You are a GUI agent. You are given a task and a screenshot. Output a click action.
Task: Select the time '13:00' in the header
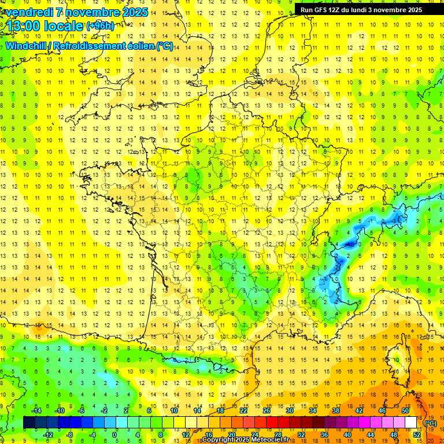pyautogui.click(x=26, y=26)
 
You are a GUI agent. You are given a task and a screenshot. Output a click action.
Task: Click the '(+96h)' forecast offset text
pyautogui.click(x=100, y=26)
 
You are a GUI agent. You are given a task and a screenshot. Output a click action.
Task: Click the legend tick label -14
pyautogui.click(x=36, y=410)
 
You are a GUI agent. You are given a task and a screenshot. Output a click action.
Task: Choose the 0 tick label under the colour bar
pyautogui.click(x=114, y=434)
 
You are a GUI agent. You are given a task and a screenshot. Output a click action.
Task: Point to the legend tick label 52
pyautogui.click(x=417, y=434)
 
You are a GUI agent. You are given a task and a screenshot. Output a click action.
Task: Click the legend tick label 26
pyautogui.click(x=266, y=410)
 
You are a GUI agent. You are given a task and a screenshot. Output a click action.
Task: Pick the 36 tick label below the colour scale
pyautogui.click(x=324, y=434)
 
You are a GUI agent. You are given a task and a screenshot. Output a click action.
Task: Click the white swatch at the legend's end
pyautogui.click(x=411, y=422)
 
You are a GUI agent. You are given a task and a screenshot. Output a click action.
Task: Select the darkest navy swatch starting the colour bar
pyautogui.click(x=29, y=422)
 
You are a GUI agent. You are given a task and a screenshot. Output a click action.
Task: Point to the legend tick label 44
pyautogui.click(x=371, y=434)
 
